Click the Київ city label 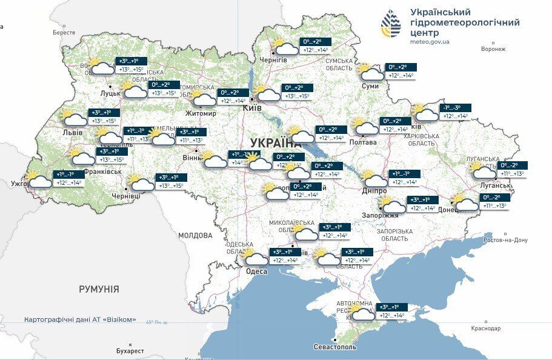(x=252, y=107)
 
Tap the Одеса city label (x=256, y=271)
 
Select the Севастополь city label (x=335, y=347)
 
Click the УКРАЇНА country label (x=275, y=143)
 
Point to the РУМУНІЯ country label (x=99, y=289)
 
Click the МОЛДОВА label (x=195, y=235)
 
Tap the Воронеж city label (x=493, y=49)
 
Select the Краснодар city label (x=485, y=328)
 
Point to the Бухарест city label (x=130, y=351)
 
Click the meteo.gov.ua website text (x=430, y=42)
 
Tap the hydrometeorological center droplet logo (x=391, y=24)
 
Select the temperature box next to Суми (x=401, y=72)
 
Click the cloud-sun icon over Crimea (x=362, y=312)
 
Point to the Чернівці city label (x=126, y=196)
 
